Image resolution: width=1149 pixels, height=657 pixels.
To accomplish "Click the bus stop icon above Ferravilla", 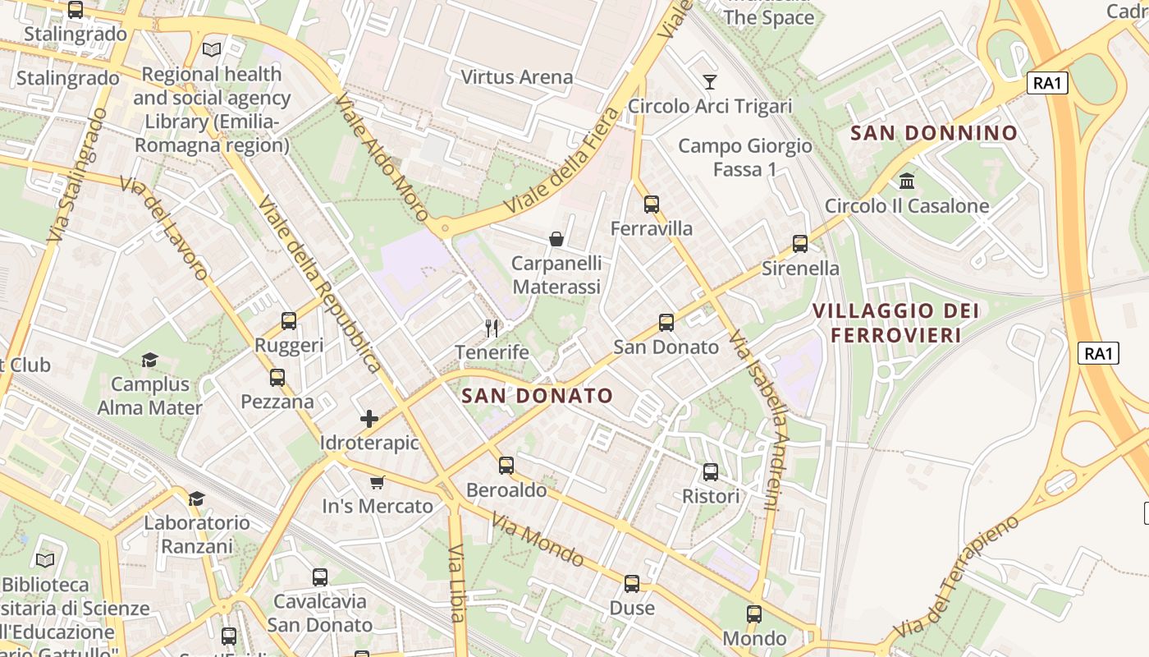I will point(652,204).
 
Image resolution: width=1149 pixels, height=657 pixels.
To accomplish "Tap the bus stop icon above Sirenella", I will point(800,244).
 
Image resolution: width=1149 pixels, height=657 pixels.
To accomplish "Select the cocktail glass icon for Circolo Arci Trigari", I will point(710,81).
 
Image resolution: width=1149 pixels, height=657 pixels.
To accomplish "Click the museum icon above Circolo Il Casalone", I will point(907,181).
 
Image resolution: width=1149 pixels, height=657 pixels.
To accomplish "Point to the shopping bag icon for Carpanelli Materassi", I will point(556,239).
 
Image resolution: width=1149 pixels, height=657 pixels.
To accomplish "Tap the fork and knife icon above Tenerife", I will point(492,328).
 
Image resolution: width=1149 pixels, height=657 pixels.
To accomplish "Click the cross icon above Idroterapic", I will point(369,419).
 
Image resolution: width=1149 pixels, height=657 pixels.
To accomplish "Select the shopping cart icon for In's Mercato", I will point(377,482).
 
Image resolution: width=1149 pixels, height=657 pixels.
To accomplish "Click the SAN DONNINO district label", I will point(934,133).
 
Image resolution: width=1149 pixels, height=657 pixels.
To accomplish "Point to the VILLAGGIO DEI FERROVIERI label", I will point(895,323).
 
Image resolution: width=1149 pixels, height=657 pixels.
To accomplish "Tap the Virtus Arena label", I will point(517,77).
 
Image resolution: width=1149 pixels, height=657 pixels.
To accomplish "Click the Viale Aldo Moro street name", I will point(382,158).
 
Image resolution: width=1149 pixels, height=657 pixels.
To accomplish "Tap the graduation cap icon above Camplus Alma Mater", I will point(149,360).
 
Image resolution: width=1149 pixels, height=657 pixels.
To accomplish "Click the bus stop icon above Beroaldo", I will point(506,466).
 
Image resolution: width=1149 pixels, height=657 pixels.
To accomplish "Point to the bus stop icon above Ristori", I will point(711,472).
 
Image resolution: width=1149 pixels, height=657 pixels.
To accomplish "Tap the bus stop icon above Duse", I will point(632,584).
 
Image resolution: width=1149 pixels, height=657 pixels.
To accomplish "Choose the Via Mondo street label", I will point(538,540).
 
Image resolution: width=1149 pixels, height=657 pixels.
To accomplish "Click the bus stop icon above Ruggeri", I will point(289,321).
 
